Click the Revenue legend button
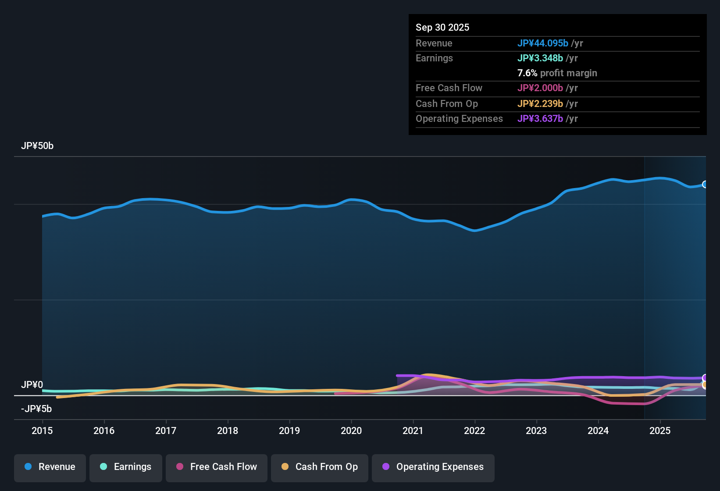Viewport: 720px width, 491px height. [50, 467]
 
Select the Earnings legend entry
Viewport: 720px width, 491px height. [126, 467]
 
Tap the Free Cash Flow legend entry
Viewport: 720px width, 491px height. [217, 467]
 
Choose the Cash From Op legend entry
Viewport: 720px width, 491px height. [320, 467]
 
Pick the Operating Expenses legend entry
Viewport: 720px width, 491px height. [433, 467]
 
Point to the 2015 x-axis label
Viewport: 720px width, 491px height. [42, 431]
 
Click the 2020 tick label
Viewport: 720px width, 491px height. [351, 431]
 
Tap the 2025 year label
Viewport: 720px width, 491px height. [660, 431]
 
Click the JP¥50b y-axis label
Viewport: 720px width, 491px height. [37, 146]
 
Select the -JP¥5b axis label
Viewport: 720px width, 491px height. [36, 409]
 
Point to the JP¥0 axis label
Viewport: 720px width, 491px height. [32, 385]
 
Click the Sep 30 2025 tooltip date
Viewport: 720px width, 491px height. [442, 28]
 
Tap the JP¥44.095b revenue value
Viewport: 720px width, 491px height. [543, 43]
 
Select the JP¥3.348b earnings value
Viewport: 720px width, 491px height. [540, 58]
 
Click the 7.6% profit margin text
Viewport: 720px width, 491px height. [557, 73]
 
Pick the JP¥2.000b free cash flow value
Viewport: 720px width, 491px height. [540, 88]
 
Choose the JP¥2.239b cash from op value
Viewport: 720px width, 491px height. [540, 104]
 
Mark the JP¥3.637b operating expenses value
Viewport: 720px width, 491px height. [540, 119]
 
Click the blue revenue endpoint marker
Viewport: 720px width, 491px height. [705, 185]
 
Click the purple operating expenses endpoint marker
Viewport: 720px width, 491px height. [705, 377]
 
